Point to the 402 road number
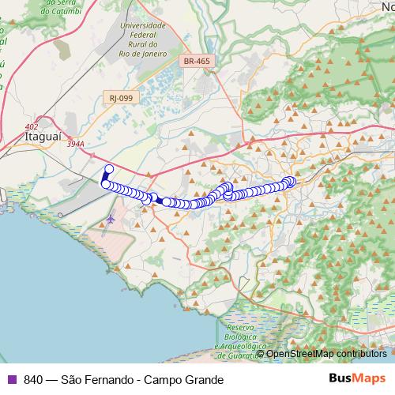pyautogui.click(x=31, y=126)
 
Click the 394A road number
pyautogui.click(x=76, y=144)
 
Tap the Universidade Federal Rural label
pyautogui.click(x=143, y=39)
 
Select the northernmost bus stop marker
pyautogui.click(x=109, y=169)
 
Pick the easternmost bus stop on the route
pyautogui.click(x=292, y=182)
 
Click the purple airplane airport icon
pyautogui.click(x=110, y=218)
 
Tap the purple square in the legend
pyautogui.click(x=11, y=379)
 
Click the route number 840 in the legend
pyautogui.click(x=33, y=379)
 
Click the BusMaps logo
pyautogui.click(x=357, y=379)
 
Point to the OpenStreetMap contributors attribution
pyautogui.click(x=326, y=354)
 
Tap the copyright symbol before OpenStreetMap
pyautogui.click(x=261, y=354)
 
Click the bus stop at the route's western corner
pyautogui.click(x=103, y=184)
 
